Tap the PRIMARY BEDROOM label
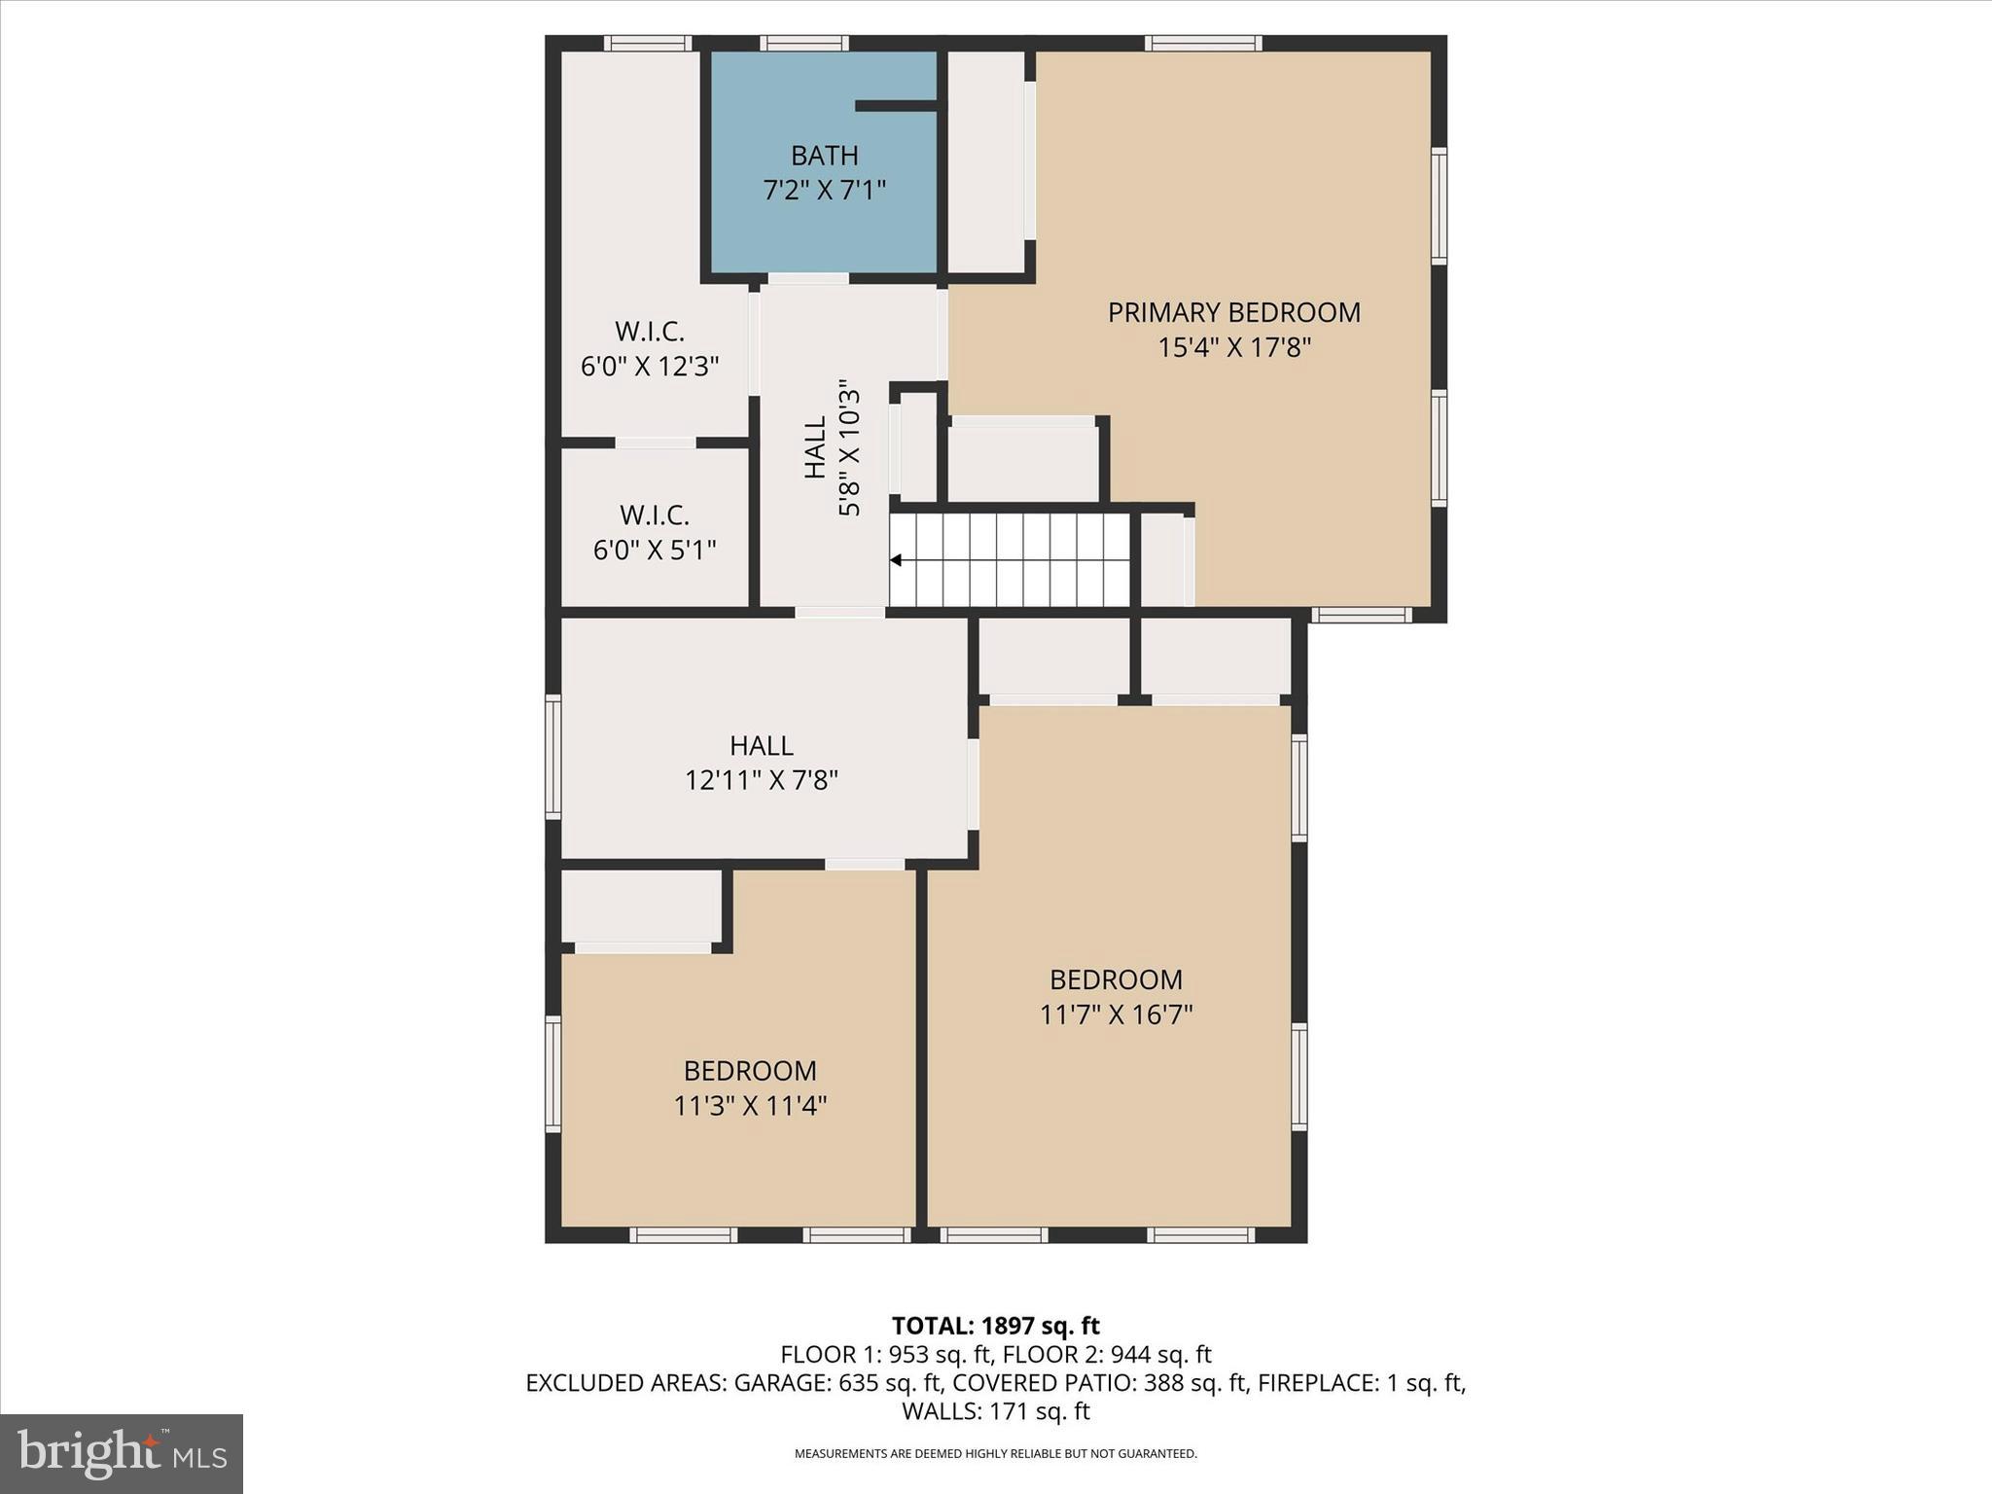(x=1233, y=312)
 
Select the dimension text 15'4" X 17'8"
(x=1233, y=347)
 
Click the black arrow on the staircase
(x=896, y=560)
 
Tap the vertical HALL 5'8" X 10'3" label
(x=832, y=447)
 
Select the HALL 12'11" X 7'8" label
(x=762, y=763)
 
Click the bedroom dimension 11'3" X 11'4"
(x=750, y=1106)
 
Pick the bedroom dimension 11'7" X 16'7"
(x=1116, y=1014)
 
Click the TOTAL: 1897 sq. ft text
(x=995, y=1326)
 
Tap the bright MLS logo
(x=121, y=1453)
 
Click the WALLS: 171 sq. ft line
(x=995, y=1410)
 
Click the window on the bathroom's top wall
(x=803, y=43)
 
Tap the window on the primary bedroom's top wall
(x=1203, y=43)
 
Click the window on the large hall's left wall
(x=552, y=756)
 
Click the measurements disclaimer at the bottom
(x=995, y=1454)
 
